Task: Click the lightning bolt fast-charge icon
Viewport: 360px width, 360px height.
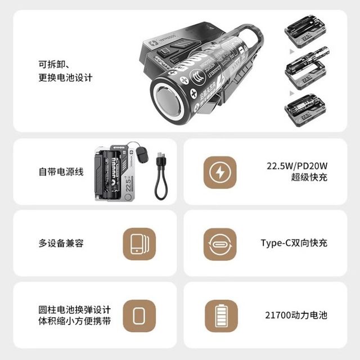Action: tap(219, 172)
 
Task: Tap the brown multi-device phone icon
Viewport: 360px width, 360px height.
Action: tap(139, 244)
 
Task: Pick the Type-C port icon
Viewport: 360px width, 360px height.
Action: tap(219, 244)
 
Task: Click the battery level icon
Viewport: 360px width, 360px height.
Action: tap(219, 316)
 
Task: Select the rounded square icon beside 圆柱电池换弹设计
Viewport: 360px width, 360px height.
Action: tap(139, 316)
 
